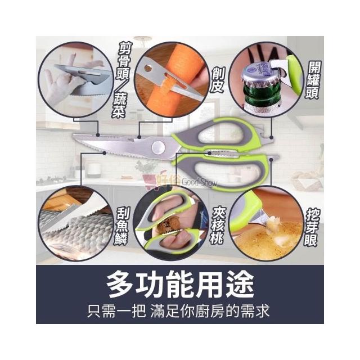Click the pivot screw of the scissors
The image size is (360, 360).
pyautogui.click(x=159, y=147)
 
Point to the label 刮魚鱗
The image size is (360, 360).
pyautogui.click(x=121, y=226)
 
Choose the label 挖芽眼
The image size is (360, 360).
pyautogui.click(x=312, y=227)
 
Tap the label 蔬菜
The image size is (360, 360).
pyautogui.click(x=119, y=105)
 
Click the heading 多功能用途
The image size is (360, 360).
pyautogui.click(x=180, y=285)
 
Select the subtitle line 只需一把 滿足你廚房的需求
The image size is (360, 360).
pyautogui.click(x=178, y=311)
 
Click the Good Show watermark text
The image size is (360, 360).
pyautogui.click(x=199, y=182)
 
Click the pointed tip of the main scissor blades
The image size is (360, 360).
pyautogui.click(x=74, y=136)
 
